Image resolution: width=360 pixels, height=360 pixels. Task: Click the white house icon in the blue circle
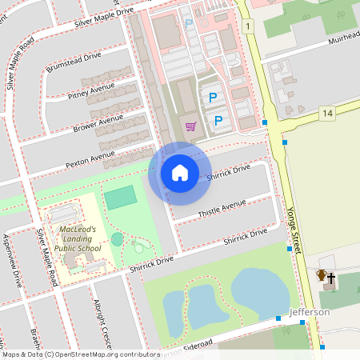[179, 173]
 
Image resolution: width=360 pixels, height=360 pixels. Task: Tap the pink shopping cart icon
[190, 126]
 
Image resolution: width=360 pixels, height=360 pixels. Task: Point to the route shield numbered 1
[250, 27]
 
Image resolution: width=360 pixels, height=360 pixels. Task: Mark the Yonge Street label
[292, 231]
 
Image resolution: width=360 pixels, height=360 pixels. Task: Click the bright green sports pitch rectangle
[121, 197]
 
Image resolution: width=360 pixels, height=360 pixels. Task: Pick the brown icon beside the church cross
[321, 277]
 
